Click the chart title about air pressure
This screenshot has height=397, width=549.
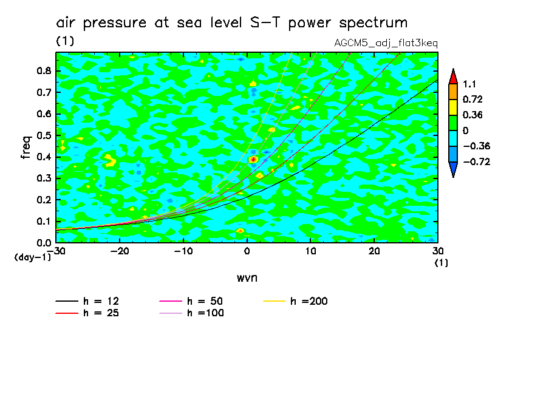(231, 23)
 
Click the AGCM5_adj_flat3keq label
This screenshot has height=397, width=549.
(386, 44)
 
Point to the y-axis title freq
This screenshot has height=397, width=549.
(26, 147)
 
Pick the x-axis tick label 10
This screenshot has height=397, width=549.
(310, 251)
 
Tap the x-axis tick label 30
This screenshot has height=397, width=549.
(437, 251)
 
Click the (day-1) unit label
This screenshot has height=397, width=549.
(32, 257)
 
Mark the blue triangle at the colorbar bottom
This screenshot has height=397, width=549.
(452, 171)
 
